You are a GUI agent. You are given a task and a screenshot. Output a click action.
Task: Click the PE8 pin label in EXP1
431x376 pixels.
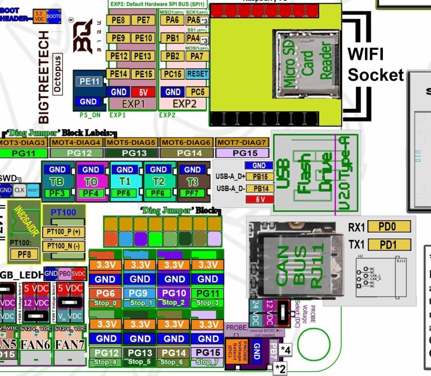119,21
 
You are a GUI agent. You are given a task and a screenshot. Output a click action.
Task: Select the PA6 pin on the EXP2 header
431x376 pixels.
172,21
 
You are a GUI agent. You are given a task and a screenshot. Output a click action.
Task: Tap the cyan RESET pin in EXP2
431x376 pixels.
197,74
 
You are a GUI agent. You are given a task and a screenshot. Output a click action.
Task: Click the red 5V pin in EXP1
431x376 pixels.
143,92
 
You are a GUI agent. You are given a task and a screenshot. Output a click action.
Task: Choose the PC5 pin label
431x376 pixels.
197,92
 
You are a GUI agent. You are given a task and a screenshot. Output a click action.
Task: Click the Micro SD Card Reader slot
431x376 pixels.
303,64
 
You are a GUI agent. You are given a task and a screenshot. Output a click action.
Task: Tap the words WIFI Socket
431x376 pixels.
375,64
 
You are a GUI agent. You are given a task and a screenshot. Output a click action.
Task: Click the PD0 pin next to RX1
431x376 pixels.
389,227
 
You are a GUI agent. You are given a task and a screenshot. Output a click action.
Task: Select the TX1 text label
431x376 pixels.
356,245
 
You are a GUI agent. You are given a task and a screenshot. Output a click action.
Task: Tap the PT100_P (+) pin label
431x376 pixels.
64,232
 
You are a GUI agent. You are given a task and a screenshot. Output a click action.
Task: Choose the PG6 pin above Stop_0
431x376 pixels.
105,293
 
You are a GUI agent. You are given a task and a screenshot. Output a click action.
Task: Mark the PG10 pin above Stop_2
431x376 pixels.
173,293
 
